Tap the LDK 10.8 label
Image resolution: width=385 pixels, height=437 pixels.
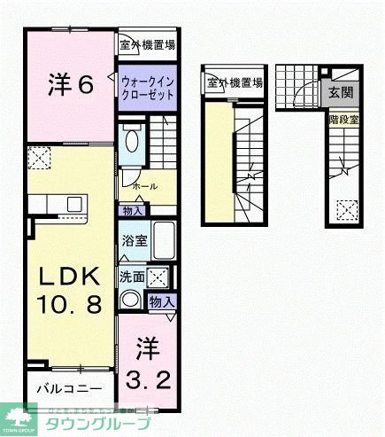click(x=68, y=289)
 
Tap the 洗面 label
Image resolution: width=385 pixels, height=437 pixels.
click(x=131, y=276)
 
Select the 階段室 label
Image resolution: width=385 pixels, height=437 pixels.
click(x=343, y=117)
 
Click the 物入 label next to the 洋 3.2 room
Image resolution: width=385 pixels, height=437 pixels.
click(x=162, y=302)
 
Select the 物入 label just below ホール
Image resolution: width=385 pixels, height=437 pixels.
click(x=134, y=210)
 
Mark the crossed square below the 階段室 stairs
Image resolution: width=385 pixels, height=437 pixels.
click(x=347, y=209)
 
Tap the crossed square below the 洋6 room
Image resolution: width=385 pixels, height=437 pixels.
click(x=38, y=159)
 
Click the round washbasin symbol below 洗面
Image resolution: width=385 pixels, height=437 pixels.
click(x=131, y=300)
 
